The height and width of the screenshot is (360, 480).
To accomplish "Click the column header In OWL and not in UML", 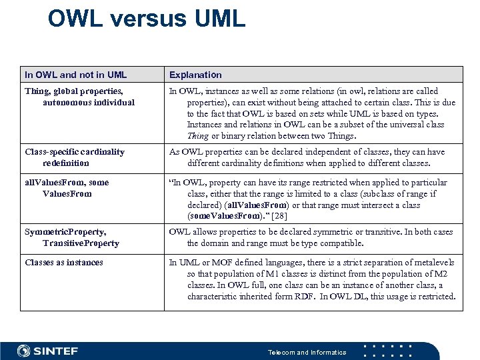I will pyautogui.click(x=75, y=75).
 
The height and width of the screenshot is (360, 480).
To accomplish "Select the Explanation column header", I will pyautogui.click(x=195, y=75).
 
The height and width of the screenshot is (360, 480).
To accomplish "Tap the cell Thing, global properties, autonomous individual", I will pyautogui.click(x=79, y=97).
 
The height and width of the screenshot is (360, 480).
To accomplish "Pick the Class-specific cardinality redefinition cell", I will pyautogui.click(x=74, y=157).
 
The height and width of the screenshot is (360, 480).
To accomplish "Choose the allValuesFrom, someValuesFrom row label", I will pyautogui.click(x=67, y=188).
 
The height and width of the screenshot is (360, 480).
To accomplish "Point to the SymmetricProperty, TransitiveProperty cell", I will pyautogui.click(x=72, y=237).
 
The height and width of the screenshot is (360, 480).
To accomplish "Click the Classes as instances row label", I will pyautogui.click(x=64, y=263).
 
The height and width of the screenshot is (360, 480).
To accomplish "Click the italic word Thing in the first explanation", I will pyautogui.click(x=198, y=136).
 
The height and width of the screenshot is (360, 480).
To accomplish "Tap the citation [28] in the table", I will pyautogui.click(x=280, y=217).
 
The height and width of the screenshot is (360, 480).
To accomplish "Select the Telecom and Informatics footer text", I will pyautogui.click(x=307, y=352).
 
